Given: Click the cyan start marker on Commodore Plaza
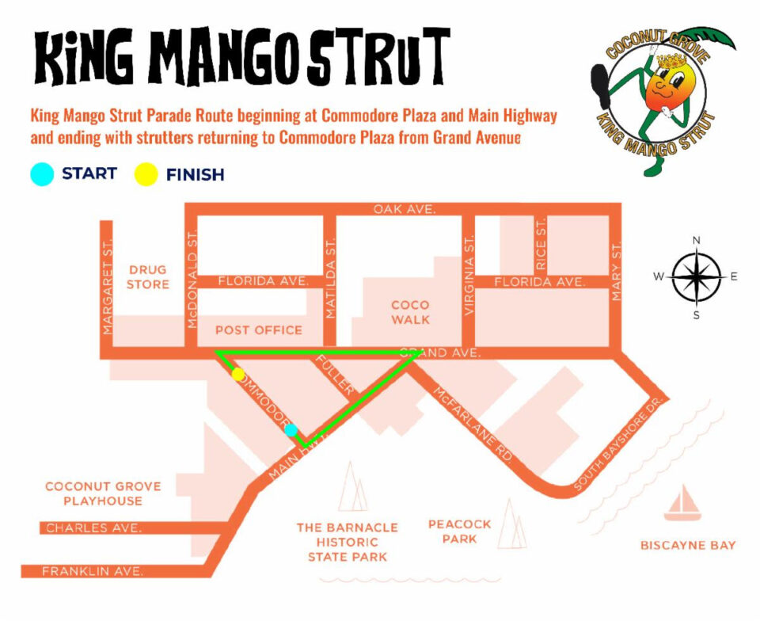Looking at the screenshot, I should (x=291, y=430).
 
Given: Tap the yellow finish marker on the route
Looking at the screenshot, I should (x=238, y=374).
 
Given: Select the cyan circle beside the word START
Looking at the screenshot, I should (x=41, y=173).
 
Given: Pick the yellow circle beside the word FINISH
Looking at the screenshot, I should (x=145, y=174).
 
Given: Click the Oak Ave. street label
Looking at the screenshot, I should (x=405, y=209).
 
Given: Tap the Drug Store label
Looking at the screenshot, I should (x=148, y=276).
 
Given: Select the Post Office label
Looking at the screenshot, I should (x=259, y=330).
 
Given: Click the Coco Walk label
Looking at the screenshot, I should (x=410, y=312).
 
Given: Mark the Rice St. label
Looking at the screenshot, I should (x=541, y=244).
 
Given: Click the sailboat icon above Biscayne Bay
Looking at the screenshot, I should (x=682, y=504).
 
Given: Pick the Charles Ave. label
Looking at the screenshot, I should (x=93, y=528).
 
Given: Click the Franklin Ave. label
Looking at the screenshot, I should (x=93, y=570).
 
